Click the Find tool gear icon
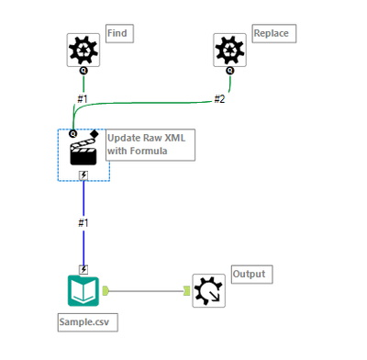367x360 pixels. click(x=83, y=50)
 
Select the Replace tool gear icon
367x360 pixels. click(x=229, y=50)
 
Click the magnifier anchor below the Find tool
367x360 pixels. click(x=83, y=70)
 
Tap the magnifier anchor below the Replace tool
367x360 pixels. click(x=229, y=70)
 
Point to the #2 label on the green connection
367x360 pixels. click(x=218, y=99)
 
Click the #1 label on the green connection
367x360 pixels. click(x=83, y=99)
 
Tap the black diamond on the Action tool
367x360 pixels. click(x=94, y=133)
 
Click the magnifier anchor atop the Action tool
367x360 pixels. click(x=72, y=133)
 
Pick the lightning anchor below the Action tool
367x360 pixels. click(x=83, y=174)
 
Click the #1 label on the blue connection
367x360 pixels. click(x=83, y=222)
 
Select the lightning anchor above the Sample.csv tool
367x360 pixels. click(x=83, y=269)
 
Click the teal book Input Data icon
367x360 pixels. click(x=83, y=291)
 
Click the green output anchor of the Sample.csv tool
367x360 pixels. click(x=106, y=291)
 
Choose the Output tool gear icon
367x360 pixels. click(x=208, y=291)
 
